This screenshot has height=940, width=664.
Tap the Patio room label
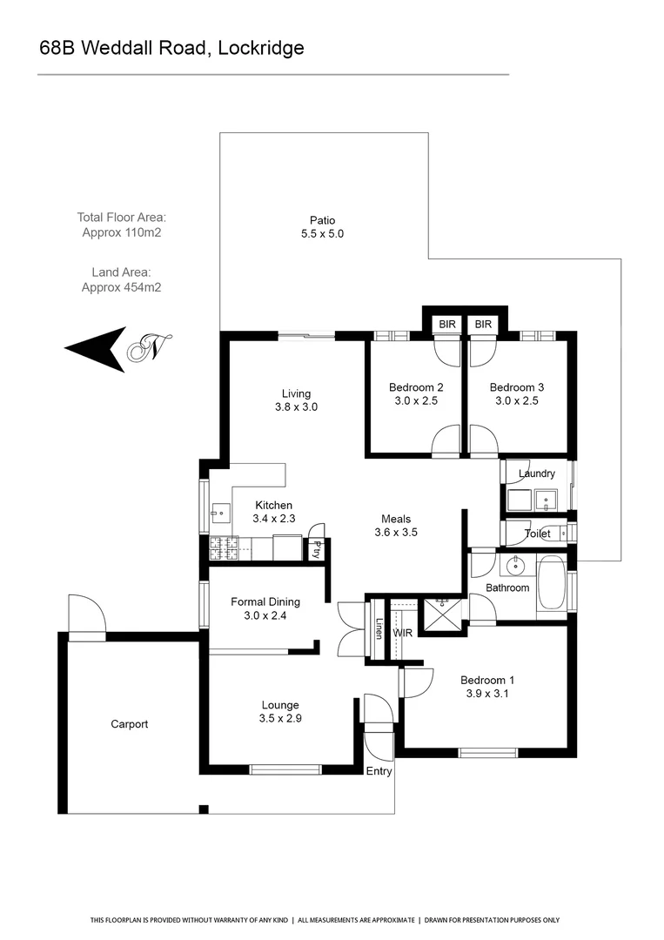coord(322,220)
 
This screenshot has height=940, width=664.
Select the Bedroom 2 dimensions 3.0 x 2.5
coord(416,401)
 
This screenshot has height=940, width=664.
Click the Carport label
coord(129,724)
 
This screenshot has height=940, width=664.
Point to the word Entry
coord(379,771)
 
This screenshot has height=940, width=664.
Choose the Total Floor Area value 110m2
coord(122,232)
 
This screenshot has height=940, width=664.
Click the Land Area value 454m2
coord(122,287)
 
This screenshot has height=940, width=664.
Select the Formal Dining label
coord(265,601)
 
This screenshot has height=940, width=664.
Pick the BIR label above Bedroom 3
coord(484,324)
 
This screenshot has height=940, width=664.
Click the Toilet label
coord(537,534)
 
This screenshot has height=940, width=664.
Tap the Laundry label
coord(536,473)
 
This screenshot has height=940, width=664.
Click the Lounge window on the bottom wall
coord(285,769)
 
